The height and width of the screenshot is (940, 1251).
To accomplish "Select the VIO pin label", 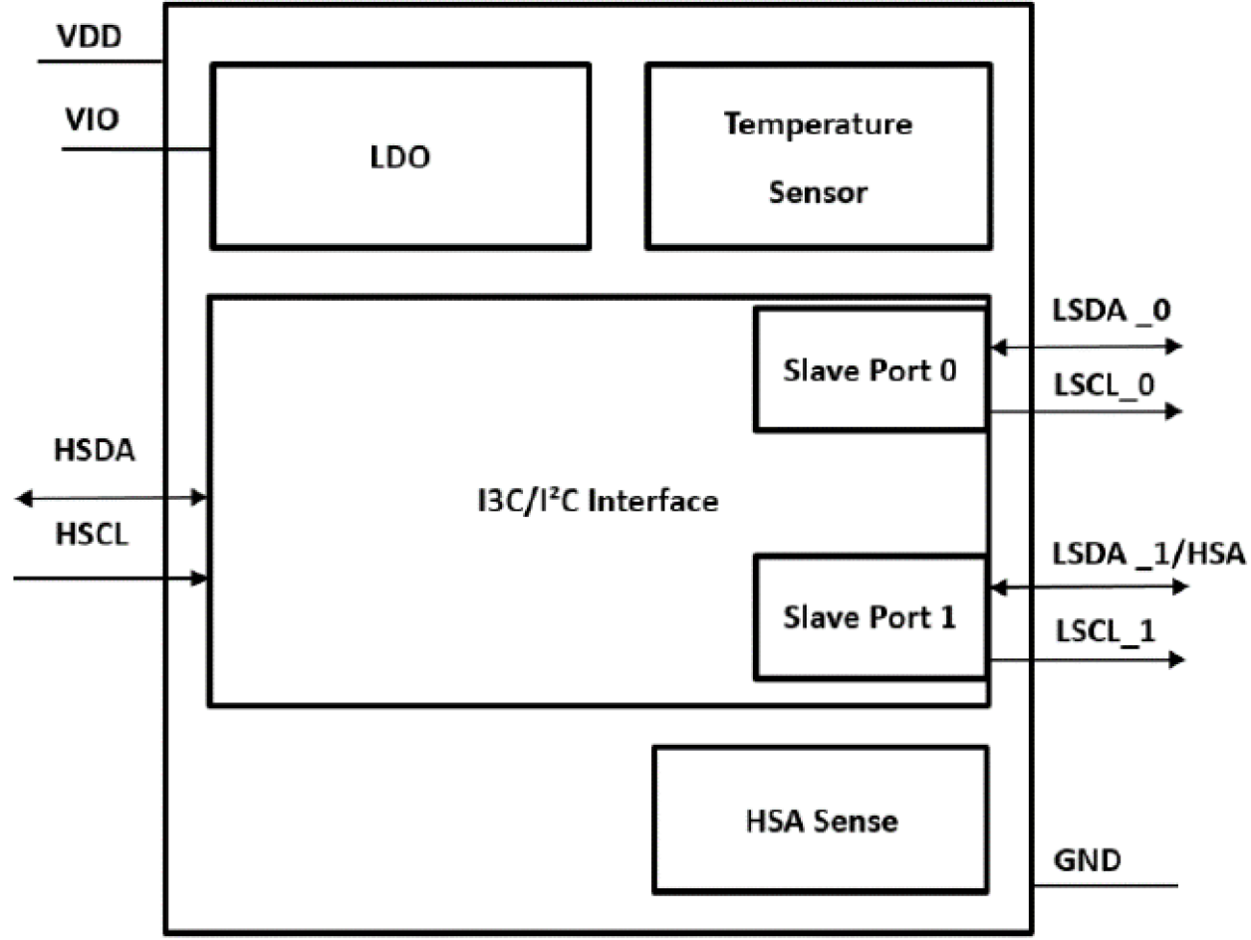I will (x=92, y=120).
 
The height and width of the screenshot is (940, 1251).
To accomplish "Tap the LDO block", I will (x=397, y=156).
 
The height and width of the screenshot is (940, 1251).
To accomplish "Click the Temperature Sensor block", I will (x=818, y=156).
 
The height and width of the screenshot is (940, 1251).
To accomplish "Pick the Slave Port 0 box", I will (x=871, y=369).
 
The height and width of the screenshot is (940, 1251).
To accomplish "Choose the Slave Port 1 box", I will (x=871, y=616).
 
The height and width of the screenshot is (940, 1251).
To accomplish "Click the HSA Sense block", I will (x=821, y=820).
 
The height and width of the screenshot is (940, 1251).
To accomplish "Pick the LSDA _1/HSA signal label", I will (x=1147, y=553).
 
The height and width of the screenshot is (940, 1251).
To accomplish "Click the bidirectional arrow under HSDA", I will (x=111, y=497).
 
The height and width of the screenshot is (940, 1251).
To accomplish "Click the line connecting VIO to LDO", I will (x=136, y=150).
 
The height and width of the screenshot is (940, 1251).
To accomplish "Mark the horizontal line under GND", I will (x=1105, y=885).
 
